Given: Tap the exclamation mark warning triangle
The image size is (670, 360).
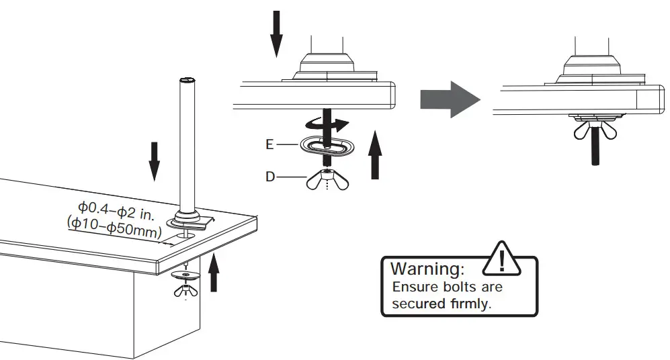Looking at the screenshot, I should [x=503, y=258].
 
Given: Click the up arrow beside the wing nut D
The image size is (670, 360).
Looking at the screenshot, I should [x=375, y=156].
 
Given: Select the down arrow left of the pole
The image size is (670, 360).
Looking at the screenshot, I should [x=154, y=160].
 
